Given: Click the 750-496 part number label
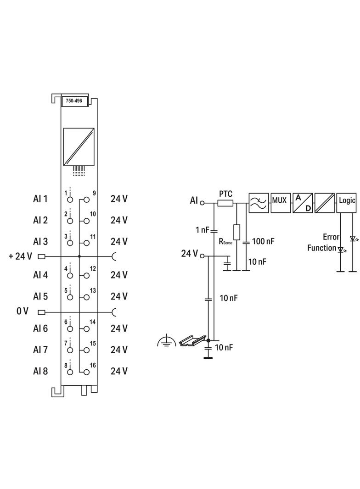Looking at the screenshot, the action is coord(73,101).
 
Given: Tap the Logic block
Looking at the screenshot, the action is coord(347,203).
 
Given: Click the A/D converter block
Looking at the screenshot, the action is coord(303,203).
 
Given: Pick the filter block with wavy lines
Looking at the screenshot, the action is coord(259,203).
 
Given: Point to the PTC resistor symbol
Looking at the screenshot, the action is coord(225,203).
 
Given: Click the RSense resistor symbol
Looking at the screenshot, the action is coord(236,232).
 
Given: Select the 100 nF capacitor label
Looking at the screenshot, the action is coord(263,241).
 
